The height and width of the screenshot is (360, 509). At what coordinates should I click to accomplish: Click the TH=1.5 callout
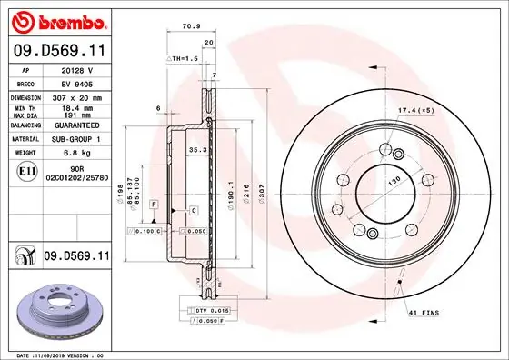[x=184, y=58]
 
